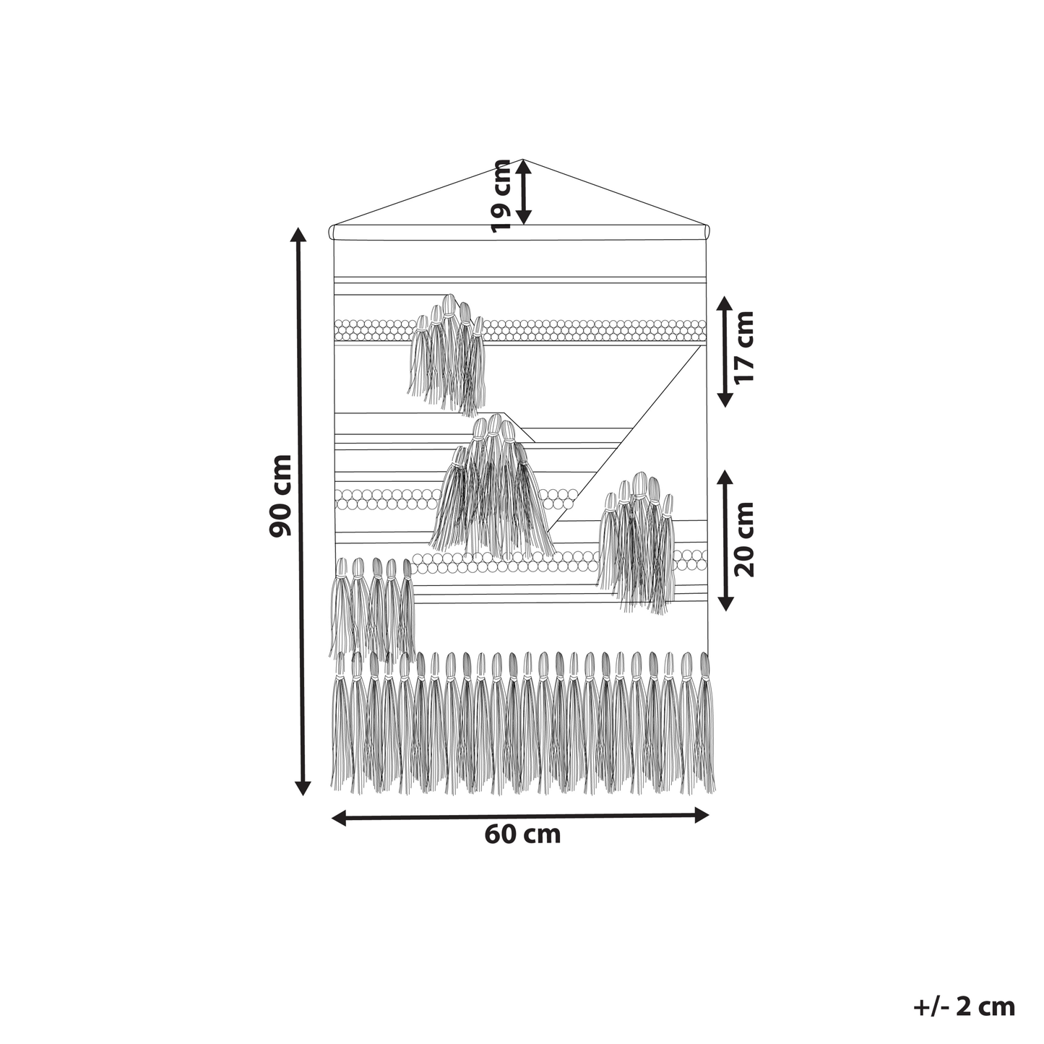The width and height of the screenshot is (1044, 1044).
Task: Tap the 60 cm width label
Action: click(x=522, y=850)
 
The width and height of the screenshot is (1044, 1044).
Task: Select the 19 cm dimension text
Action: click(x=500, y=196)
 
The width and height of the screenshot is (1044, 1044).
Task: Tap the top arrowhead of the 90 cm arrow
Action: click(x=298, y=234)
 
